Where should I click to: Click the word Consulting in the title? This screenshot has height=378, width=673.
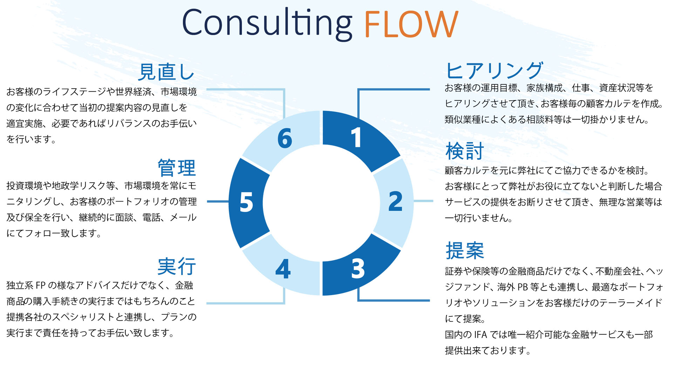click(266, 24)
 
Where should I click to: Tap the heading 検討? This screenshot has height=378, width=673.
click(464, 151)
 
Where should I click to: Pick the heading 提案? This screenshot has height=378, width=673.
click(464, 251)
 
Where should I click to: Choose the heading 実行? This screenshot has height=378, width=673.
click(177, 266)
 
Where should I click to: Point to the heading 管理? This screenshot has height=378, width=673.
click(177, 168)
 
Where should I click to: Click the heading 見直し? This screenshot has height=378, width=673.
click(166, 72)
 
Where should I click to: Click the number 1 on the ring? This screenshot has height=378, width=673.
click(356, 138)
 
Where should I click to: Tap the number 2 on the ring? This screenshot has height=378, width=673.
click(395, 202)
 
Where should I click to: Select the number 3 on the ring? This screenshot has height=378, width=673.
click(358, 269)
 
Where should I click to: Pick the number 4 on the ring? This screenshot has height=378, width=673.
click(283, 269)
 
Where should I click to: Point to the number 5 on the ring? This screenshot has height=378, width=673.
click(246, 202)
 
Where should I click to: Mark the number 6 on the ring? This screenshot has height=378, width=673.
click(285, 138)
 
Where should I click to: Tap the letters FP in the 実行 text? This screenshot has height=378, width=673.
click(41, 286)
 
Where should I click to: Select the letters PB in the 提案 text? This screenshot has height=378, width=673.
click(523, 287)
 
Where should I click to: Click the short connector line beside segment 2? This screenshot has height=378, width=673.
click(423, 201)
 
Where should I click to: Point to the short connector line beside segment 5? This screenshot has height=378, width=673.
click(218, 201)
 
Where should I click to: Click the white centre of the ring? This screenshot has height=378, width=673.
click(321, 203)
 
